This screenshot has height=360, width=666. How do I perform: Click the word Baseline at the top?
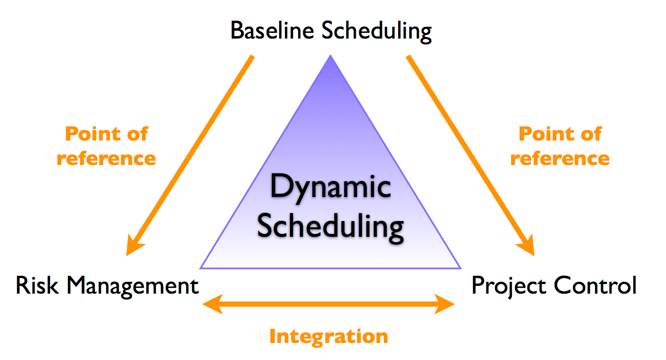pyautogui.click(x=272, y=31)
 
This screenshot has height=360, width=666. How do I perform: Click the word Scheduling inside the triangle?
pyautogui.click(x=331, y=226)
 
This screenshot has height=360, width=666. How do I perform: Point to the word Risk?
pyautogui.click(x=37, y=285)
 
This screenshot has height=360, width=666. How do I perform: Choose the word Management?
pyautogui.click(x=133, y=286)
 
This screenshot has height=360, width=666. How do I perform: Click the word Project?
pyautogui.click(x=508, y=286)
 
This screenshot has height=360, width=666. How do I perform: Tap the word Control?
pyautogui.click(x=595, y=285)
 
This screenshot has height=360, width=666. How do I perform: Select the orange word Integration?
pyautogui.click(x=328, y=336)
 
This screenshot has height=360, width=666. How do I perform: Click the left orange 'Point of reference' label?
pyautogui.click(x=107, y=146)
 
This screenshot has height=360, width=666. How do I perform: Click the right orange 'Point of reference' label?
pyautogui.click(x=560, y=146)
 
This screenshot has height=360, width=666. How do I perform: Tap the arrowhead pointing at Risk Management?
pyautogui.click(x=134, y=246)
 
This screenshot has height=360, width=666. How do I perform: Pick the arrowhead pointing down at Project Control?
pyautogui.click(x=527, y=246)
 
